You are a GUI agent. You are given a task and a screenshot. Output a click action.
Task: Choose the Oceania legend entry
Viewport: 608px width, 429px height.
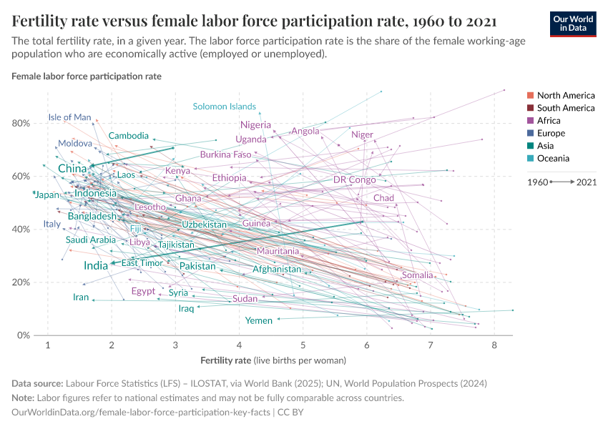[x=553, y=159]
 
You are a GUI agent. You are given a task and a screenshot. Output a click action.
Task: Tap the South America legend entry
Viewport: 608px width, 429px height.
[x=565, y=108]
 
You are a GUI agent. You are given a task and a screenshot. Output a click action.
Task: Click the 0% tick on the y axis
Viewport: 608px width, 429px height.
[x=23, y=335]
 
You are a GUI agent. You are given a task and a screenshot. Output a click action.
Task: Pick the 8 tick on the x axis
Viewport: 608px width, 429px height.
[x=494, y=346]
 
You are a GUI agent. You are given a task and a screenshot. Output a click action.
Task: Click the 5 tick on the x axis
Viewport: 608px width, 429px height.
[x=303, y=346]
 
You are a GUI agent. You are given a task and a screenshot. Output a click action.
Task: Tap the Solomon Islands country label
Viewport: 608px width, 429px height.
[x=225, y=107]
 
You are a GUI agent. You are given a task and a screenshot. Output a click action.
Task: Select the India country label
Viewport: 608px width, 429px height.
[x=96, y=265]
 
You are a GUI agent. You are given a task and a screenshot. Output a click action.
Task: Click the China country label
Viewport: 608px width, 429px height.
[x=72, y=169]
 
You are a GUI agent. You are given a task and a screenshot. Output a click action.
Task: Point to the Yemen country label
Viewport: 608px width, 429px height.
[x=259, y=320]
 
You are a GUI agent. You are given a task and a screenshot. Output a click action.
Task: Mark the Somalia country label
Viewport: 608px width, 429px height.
[x=417, y=275]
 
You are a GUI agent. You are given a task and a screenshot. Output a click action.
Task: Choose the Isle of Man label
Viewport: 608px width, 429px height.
[x=70, y=117]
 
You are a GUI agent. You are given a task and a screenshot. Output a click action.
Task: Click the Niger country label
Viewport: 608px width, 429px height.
[x=363, y=134]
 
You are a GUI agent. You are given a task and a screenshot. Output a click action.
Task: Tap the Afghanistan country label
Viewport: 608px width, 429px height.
[x=277, y=270]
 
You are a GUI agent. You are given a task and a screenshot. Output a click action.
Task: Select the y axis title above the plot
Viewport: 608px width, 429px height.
[x=87, y=76]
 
